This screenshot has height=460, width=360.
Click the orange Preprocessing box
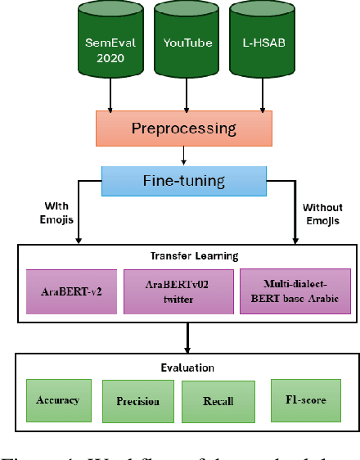[185, 129]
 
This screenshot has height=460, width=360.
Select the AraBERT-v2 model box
[72, 292]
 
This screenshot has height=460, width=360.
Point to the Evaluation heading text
[187, 368]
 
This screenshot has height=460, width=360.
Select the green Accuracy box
[57, 400]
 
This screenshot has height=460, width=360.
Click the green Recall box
[218, 401]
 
